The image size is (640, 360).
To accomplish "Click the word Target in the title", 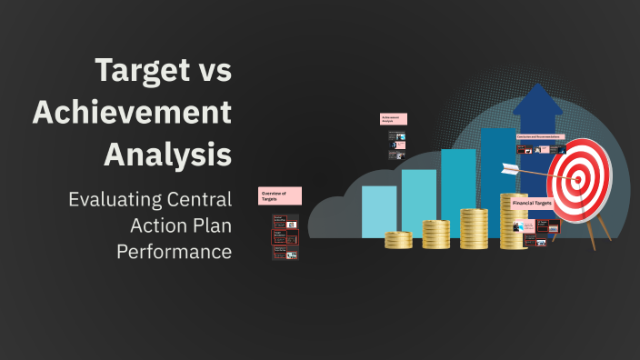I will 141,73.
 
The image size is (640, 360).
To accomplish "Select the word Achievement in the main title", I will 132,114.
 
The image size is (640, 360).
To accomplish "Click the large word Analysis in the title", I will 167,153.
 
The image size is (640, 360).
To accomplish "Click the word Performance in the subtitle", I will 174,251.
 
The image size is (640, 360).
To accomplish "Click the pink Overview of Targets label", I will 279,196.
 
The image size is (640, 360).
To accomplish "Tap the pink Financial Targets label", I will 533,204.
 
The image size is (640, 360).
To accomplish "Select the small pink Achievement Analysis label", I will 393,119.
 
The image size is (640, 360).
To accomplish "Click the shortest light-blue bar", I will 379,212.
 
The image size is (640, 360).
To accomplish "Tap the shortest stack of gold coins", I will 398,240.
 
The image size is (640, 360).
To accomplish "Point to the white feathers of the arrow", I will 511,167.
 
